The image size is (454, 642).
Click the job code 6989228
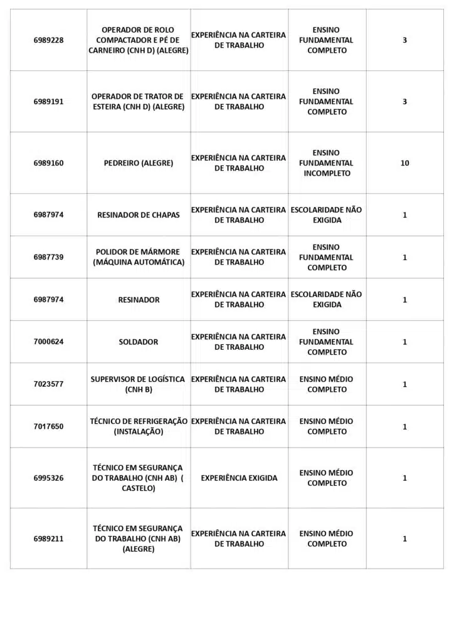click(48, 40)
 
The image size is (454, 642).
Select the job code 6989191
click(48, 102)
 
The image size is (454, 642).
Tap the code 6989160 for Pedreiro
click(48, 163)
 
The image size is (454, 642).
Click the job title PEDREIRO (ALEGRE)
click(139, 163)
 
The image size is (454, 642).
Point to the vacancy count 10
click(404, 163)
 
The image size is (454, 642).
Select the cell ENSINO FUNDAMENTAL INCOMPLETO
click(327, 163)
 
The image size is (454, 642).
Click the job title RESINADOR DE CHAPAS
click(139, 215)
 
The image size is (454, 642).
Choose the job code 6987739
click(48, 257)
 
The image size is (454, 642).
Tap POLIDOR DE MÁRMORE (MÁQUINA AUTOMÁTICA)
click(139, 257)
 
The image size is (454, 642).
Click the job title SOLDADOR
click(139, 342)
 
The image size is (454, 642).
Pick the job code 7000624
click(48, 342)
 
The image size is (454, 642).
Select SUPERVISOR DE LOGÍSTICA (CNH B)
click(138, 384)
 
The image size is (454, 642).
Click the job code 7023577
click(48, 384)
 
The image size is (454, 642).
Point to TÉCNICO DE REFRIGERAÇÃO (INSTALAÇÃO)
click(139, 426)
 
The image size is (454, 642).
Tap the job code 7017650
click(48, 426)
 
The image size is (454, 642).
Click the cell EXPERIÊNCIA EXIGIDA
click(239, 478)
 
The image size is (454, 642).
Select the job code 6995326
click(48, 478)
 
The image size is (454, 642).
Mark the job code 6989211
click(48, 539)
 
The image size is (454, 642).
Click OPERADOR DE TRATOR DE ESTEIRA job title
click(138, 102)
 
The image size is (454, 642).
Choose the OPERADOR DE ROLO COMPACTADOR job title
click(138, 40)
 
